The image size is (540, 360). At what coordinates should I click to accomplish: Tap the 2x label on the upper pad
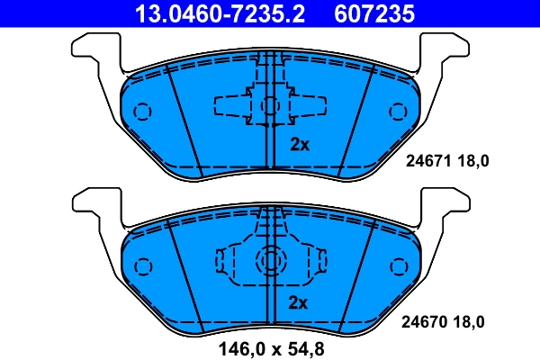click(299, 144)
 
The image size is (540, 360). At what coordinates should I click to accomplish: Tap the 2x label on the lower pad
click(299, 302)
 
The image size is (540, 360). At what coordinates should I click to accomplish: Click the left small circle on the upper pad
click(141, 112)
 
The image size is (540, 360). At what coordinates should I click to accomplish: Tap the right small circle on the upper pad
click(397, 112)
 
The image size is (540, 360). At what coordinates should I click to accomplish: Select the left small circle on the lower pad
click(141, 266)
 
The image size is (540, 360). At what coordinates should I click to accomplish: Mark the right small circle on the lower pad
click(397, 266)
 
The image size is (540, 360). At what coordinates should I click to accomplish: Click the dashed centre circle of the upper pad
click(270, 106)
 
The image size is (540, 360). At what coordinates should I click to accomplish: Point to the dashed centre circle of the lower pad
click(270, 261)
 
